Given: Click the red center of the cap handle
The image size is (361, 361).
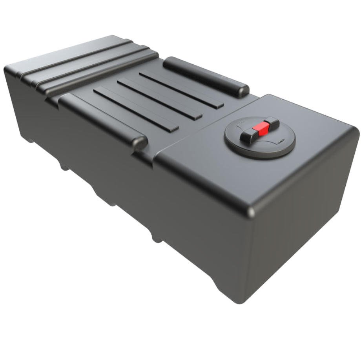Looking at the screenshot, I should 261,128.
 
